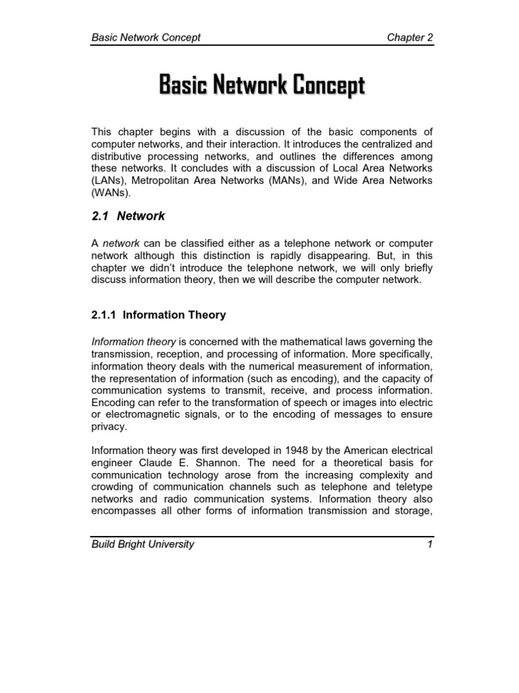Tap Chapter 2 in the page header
[x=410, y=37]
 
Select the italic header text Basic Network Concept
[x=146, y=37]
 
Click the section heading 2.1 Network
[x=128, y=217]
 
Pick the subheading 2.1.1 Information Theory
[x=158, y=315]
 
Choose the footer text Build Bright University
[x=143, y=544]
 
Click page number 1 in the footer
[x=429, y=544]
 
